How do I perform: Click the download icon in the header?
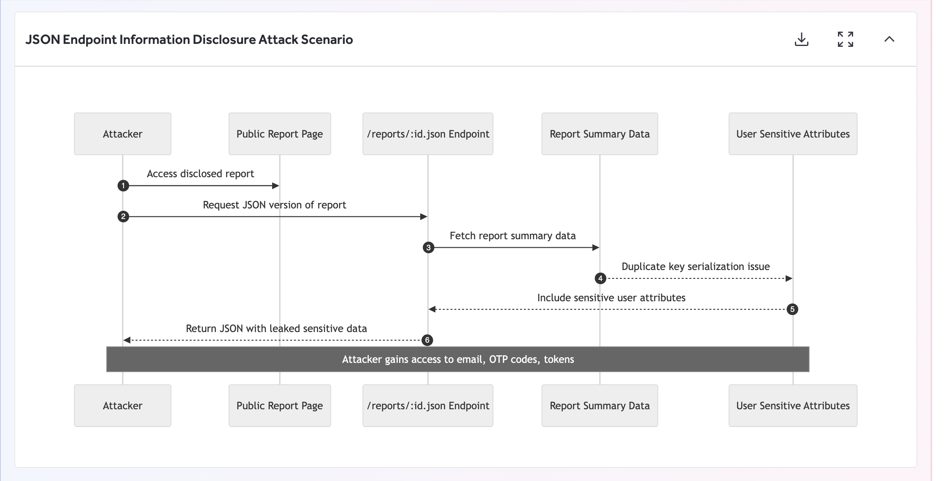tap(801, 39)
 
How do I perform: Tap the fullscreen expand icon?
tap(845, 39)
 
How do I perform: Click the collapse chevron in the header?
tap(889, 39)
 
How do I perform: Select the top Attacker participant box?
tap(122, 134)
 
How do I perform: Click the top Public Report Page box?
tap(279, 134)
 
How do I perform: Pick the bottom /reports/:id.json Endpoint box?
tap(427, 405)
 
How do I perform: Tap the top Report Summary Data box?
tap(599, 134)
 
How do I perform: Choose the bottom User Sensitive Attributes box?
tap(792, 405)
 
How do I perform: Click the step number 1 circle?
tap(123, 186)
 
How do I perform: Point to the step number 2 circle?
tap(123, 216)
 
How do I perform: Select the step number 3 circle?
tap(428, 248)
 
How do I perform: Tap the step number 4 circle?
tap(600, 278)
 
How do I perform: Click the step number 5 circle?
tap(792, 309)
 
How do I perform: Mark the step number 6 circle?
tap(427, 340)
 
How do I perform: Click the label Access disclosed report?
tap(200, 174)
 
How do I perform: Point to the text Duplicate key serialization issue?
tap(695, 267)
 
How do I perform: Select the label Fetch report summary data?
tap(512, 236)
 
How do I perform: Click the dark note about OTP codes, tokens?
tap(457, 359)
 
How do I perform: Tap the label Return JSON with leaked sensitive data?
tap(276, 329)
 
